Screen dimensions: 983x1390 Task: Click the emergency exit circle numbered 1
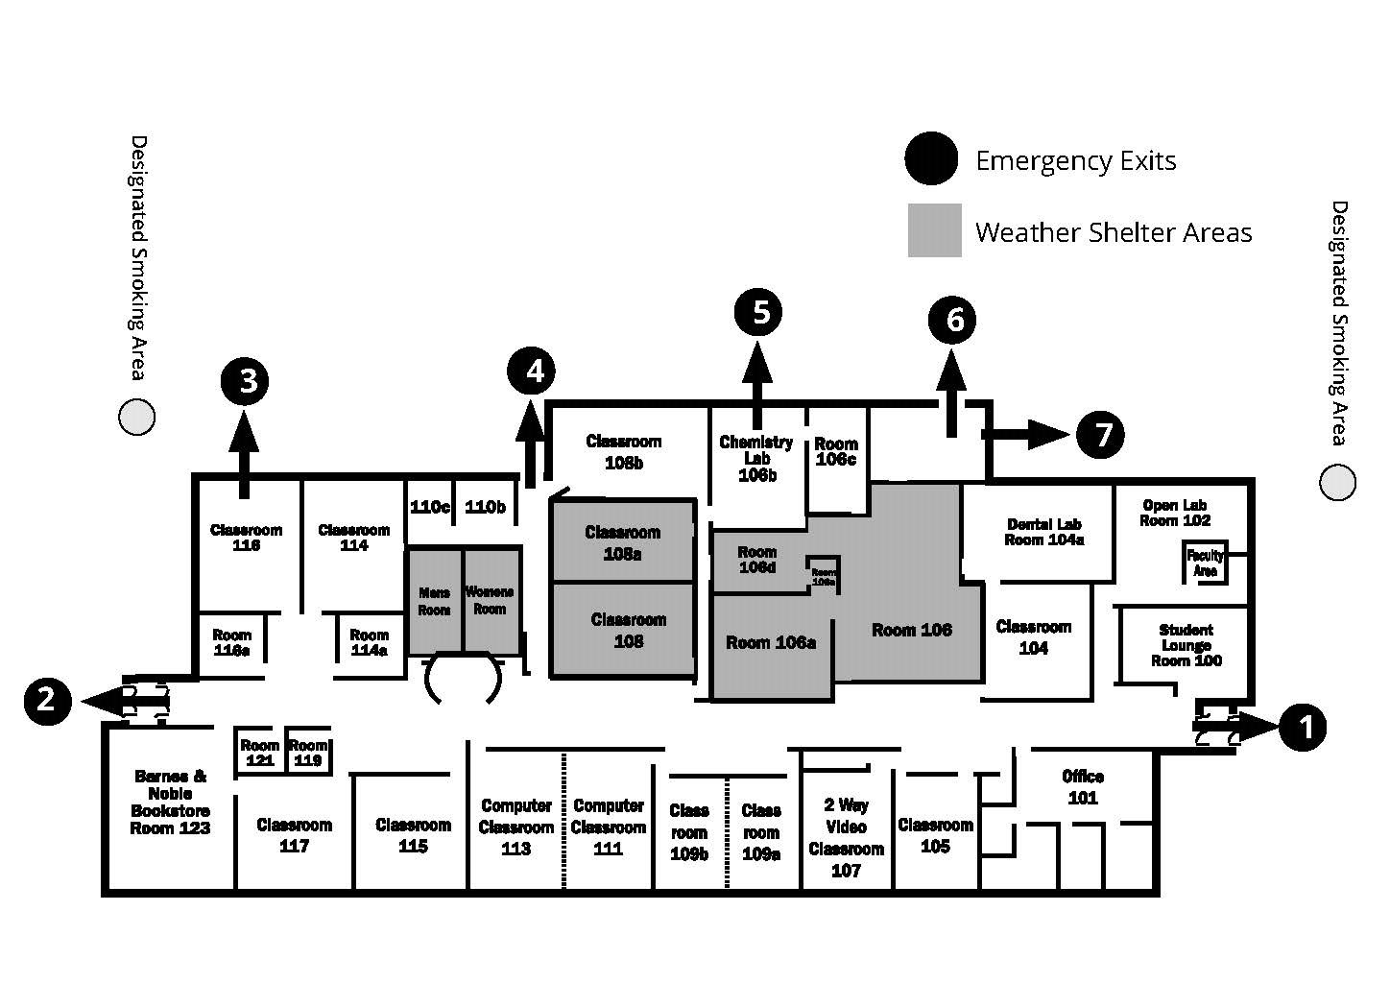[x=1303, y=728]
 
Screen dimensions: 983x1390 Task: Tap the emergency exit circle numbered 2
[x=47, y=700]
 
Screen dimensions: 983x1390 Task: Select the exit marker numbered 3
[x=248, y=381]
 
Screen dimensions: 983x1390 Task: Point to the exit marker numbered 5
[x=758, y=312]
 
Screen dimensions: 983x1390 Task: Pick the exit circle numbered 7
[x=1100, y=435]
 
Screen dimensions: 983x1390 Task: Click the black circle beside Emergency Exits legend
[x=930, y=158]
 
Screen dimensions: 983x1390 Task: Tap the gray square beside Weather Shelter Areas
[x=934, y=230]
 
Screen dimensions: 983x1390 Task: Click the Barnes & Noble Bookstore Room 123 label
[x=171, y=802]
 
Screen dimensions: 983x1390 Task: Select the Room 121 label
[x=259, y=753]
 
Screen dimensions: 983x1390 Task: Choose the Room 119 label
[x=308, y=753]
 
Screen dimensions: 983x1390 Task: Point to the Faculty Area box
[x=1206, y=563]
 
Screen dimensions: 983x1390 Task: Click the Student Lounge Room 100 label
[x=1186, y=645]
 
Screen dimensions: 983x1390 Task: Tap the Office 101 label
[x=1083, y=787]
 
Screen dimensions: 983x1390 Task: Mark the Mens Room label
[x=434, y=601]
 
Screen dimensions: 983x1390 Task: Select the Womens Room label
[x=490, y=600]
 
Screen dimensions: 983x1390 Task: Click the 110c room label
[x=429, y=507]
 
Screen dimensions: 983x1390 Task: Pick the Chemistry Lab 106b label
[x=756, y=458]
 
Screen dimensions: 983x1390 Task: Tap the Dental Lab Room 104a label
[x=1043, y=532]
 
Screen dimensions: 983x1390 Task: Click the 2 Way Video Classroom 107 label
[x=846, y=838]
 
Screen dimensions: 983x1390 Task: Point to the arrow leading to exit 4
[x=530, y=442]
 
